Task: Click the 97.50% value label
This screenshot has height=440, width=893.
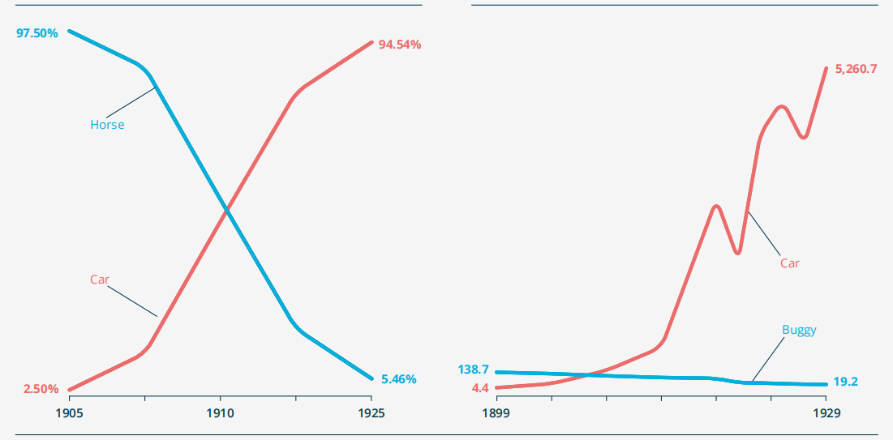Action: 37,33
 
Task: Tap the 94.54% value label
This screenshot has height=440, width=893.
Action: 400,45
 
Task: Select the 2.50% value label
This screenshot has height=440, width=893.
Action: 41,389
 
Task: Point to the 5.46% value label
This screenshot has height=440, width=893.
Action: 398,379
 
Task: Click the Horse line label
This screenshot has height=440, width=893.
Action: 107,125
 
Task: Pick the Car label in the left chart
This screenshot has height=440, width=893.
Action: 99,280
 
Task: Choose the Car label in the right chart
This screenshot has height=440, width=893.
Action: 789,263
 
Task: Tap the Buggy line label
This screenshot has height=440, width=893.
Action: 799,330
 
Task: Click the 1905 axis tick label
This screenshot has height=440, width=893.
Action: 69,413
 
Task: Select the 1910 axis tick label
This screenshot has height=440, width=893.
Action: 220,413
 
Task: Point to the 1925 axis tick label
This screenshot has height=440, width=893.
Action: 371,413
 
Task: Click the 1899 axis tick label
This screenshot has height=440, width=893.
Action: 496,413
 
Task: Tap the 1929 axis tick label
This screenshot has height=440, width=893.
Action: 826,413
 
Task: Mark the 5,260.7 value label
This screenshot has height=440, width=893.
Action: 856,69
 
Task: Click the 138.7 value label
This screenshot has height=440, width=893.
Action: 473,370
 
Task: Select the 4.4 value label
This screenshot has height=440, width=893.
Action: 480,388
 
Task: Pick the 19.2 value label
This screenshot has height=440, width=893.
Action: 845,382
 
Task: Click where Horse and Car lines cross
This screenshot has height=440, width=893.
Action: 225,211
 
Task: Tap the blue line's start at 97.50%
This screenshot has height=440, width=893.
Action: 70,32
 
